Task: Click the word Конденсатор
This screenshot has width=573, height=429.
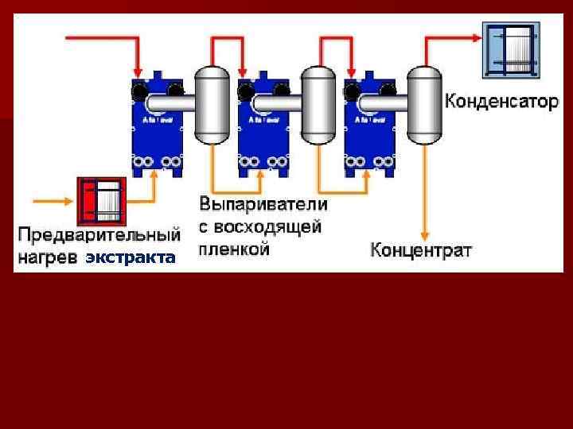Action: (x=501, y=102)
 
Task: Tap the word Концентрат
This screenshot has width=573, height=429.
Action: (x=421, y=250)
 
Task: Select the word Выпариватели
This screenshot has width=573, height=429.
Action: (x=263, y=205)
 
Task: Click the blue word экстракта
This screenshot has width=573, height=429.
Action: (x=131, y=258)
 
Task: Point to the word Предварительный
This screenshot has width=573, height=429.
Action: (x=99, y=235)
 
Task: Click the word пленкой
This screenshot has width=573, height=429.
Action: (x=236, y=249)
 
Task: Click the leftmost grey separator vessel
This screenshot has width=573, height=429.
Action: (x=212, y=105)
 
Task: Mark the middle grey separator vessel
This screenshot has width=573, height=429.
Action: (x=318, y=105)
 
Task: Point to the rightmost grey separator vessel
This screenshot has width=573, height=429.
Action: (x=423, y=105)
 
